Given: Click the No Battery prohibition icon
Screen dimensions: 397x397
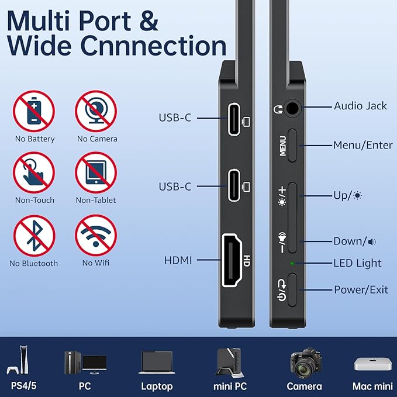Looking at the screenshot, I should tap(34, 111).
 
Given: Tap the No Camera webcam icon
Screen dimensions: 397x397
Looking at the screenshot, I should tap(96, 111).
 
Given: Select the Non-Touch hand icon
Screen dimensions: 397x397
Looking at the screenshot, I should tap(34, 172).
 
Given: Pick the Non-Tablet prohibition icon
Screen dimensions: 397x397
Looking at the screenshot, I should tap(96, 172).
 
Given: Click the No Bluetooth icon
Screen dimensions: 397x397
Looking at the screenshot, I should tap(34, 236).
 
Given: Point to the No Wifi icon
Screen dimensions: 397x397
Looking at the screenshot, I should tap(96, 236).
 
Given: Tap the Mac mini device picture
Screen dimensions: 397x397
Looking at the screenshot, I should tap(372, 363).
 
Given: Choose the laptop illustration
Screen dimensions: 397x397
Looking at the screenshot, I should tap(156, 363).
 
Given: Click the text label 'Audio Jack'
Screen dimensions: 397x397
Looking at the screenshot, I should tap(360, 106).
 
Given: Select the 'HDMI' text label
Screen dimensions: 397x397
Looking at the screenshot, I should tap(179, 260).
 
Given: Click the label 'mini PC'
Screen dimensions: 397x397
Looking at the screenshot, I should tap(229, 386).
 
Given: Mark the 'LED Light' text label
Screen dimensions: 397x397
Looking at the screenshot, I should tap(357, 263).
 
